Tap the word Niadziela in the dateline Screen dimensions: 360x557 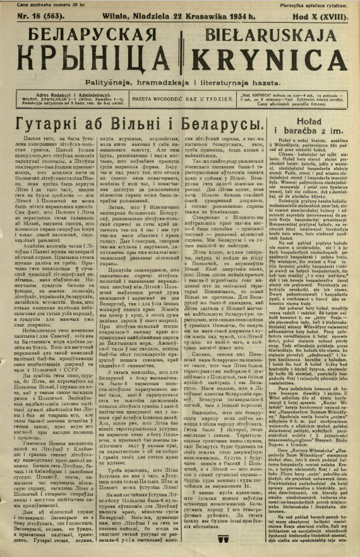143,16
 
